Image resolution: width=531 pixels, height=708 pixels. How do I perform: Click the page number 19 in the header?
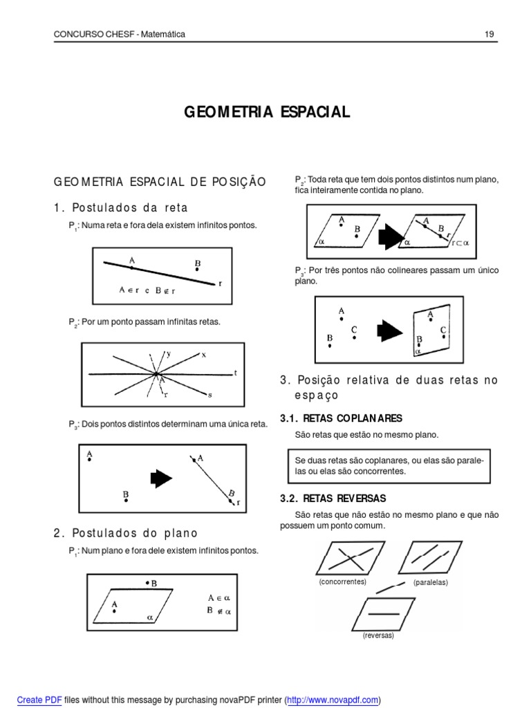489,35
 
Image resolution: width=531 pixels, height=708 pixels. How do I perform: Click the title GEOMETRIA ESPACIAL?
266,112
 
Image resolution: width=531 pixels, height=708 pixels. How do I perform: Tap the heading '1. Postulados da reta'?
121,207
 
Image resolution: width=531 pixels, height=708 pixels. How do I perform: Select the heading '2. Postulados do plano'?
126,533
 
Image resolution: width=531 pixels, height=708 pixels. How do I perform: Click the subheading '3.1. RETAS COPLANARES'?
341,418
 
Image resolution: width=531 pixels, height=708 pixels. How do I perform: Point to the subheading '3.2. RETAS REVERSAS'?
333,498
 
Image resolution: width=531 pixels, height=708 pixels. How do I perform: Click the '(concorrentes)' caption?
342,582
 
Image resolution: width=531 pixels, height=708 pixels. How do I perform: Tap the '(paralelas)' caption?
431,583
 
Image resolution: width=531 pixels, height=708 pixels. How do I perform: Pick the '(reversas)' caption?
378,635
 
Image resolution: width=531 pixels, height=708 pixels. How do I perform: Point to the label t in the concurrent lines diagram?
235,373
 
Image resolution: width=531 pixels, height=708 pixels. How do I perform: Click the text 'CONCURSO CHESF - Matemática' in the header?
120,35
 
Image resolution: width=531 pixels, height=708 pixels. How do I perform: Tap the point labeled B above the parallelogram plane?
147,584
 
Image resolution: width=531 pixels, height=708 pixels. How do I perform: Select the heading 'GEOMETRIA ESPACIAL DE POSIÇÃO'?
160,181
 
